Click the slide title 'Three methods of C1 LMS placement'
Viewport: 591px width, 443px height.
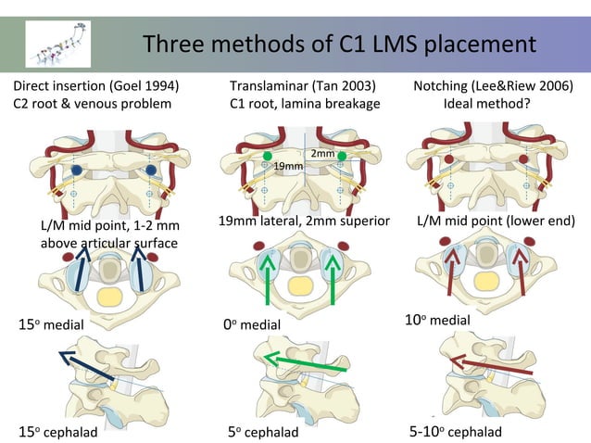tap(340, 44)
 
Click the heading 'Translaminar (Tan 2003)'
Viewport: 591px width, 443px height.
tap(301, 86)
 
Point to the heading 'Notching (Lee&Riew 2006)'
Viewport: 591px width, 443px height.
tap(493, 86)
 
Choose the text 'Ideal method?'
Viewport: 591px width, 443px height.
tap(493, 104)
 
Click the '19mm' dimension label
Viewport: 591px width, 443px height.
tap(288, 166)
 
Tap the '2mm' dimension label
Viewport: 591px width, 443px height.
tap(322, 153)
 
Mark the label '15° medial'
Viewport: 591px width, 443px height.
tap(51, 325)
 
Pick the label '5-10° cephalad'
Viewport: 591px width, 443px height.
tap(455, 432)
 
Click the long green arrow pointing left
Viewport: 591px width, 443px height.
tap(304, 361)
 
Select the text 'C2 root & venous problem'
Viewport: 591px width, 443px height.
tap(92, 104)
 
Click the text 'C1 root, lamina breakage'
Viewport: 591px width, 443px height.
tap(305, 104)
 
